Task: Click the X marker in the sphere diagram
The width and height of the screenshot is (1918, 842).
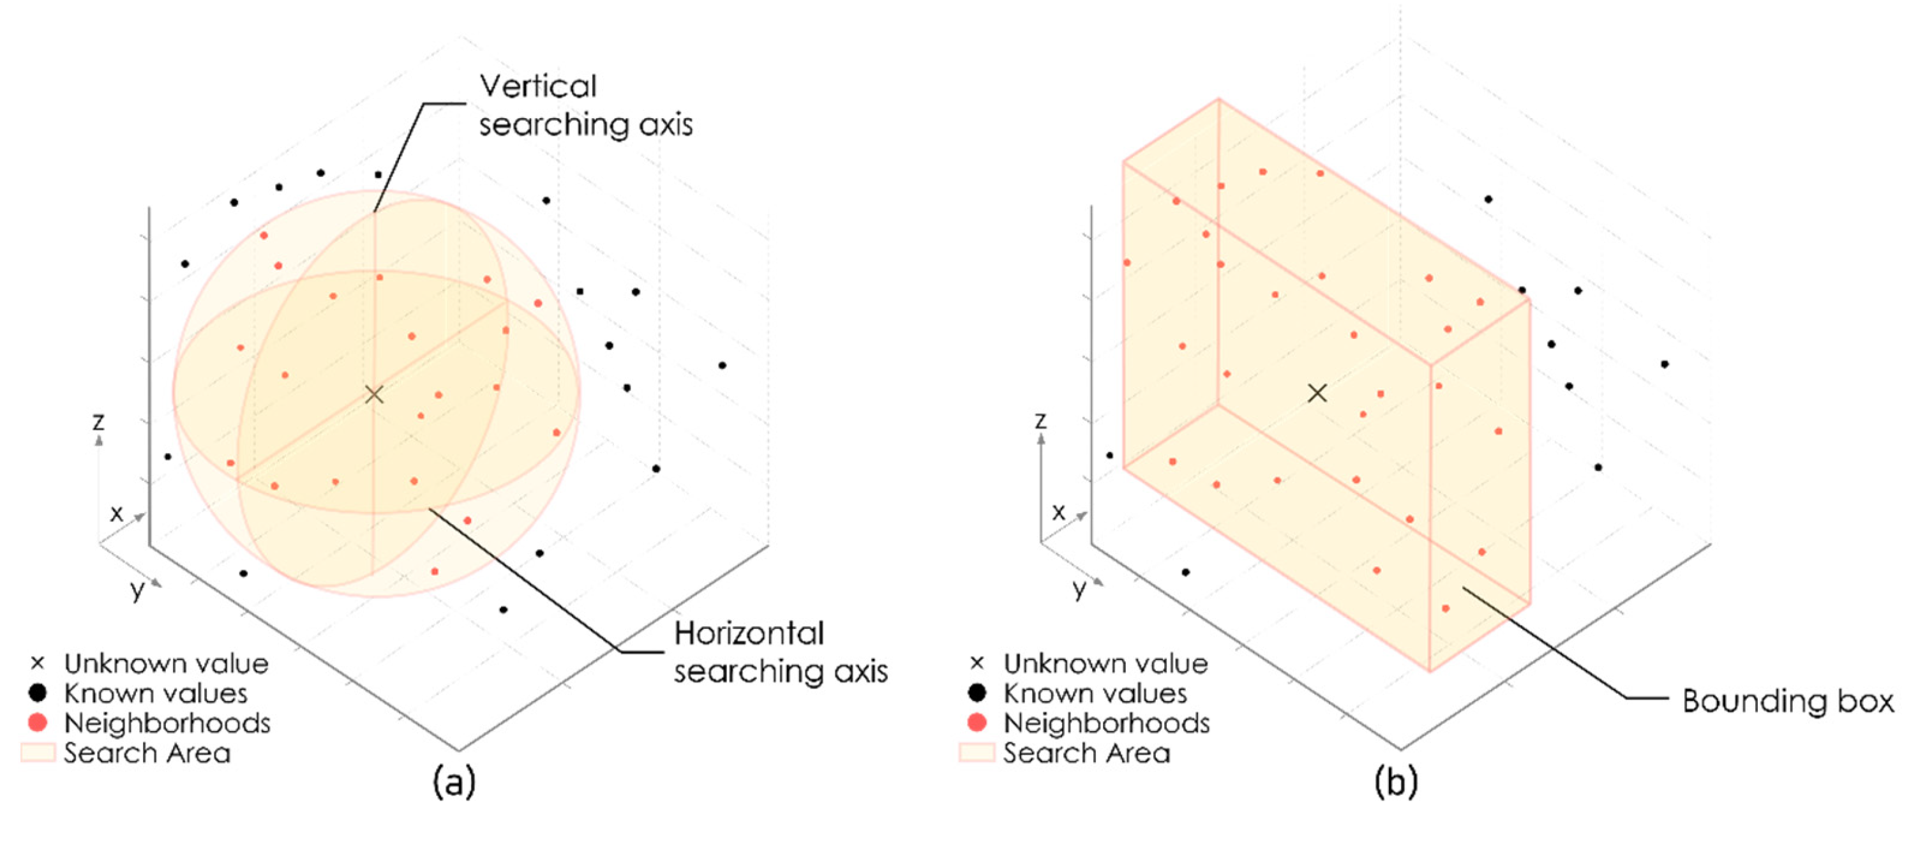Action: tap(374, 394)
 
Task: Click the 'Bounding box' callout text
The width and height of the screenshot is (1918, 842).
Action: tap(1787, 702)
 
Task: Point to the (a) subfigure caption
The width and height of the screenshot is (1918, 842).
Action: tap(453, 782)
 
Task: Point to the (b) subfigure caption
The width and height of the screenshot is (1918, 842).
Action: tap(1395, 782)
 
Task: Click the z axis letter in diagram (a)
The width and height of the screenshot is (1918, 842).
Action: tap(98, 421)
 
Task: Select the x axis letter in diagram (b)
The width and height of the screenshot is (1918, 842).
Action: tap(1058, 512)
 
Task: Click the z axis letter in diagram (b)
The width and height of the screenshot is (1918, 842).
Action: tap(1040, 421)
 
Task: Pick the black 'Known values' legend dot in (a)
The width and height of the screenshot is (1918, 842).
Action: tap(37, 693)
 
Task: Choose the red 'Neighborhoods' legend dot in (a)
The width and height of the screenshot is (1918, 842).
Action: tap(37, 723)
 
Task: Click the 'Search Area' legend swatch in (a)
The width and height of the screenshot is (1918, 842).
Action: tap(37, 753)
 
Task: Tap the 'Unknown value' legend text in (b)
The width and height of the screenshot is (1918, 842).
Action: tap(1105, 663)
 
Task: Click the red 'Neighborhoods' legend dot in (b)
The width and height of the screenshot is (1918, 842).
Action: tap(977, 723)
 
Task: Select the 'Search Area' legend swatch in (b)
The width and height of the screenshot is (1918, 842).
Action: tap(977, 753)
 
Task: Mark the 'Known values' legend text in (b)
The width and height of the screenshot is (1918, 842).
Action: tap(1095, 693)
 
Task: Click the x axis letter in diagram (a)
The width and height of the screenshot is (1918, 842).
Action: tap(116, 513)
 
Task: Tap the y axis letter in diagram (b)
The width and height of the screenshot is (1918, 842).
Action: tap(1079, 590)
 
